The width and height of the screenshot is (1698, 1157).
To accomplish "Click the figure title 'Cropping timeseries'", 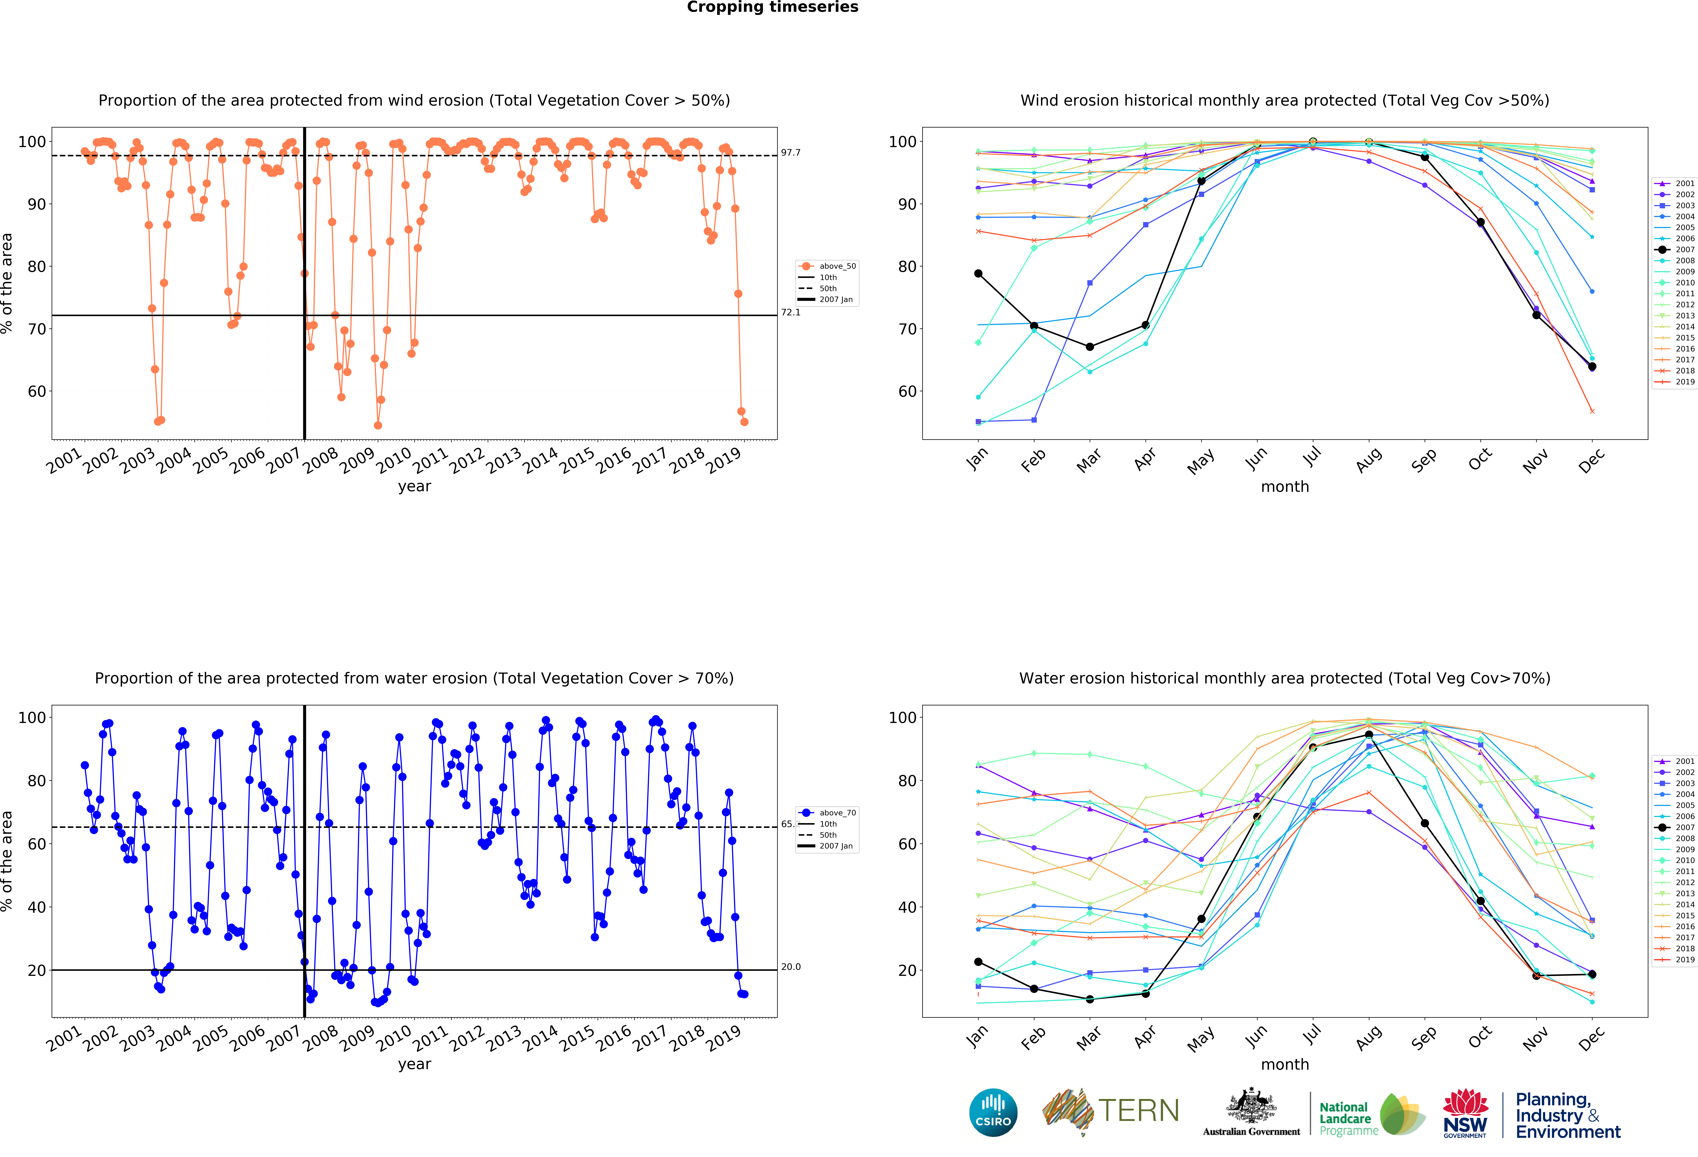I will [x=772, y=7].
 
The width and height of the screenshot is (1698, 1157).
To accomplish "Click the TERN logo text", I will [x=1138, y=1111].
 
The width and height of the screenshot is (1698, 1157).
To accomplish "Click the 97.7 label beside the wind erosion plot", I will [x=791, y=153].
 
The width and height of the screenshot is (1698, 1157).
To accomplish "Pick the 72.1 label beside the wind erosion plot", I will [x=791, y=313].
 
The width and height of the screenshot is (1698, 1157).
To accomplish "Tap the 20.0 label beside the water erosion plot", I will [x=791, y=967].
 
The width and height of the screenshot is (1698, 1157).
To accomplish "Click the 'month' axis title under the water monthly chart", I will [x=1284, y=1064].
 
